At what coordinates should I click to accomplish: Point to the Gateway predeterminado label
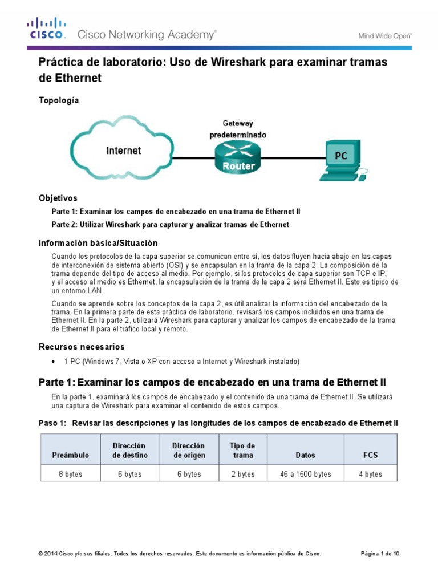pyautogui.click(x=237, y=129)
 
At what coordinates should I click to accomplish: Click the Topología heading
pyautogui.click(x=58, y=100)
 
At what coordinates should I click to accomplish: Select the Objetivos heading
pyautogui.click(x=58, y=198)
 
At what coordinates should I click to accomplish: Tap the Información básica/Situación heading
pyautogui.click(x=98, y=243)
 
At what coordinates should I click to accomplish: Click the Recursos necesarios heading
pyautogui.click(x=81, y=347)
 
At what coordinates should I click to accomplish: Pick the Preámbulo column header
pyautogui.click(x=70, y=455)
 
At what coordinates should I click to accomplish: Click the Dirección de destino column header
pyautogui.click(x=130, y=450)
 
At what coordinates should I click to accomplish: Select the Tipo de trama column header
pyautogui.click(x=242, y=450)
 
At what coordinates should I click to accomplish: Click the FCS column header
pyautogui.click(x=370, y=455)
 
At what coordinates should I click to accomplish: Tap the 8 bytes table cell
pyautogui.click(x=70, y=474)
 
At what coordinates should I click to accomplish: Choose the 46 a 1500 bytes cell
pyautogui.click(x=306, y=474)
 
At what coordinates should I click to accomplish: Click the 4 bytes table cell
pyautogui.click(x=370, y=474)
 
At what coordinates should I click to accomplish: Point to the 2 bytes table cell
pyautogui.click(x=242, y=474)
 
